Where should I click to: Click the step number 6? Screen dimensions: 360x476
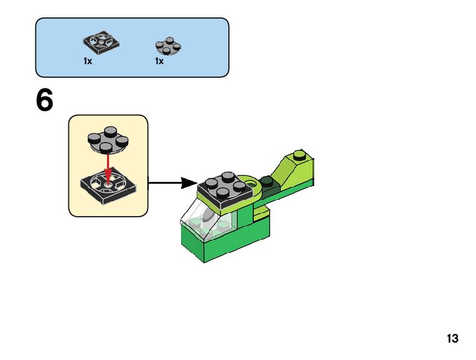pos(45,101)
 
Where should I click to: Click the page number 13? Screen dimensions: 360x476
pos(452,339)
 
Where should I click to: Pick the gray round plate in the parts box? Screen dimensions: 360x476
pos(168,45)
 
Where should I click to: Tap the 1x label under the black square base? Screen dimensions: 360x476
pos(88,62)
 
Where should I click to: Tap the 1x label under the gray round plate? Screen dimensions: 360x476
pos(159,62)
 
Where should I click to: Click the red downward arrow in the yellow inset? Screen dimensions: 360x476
pos(108,166)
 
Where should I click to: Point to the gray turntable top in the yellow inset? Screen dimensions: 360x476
pos(108,140)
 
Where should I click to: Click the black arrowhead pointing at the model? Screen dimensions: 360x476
pos(189,182)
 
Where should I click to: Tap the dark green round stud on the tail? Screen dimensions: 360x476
pos(268,182)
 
